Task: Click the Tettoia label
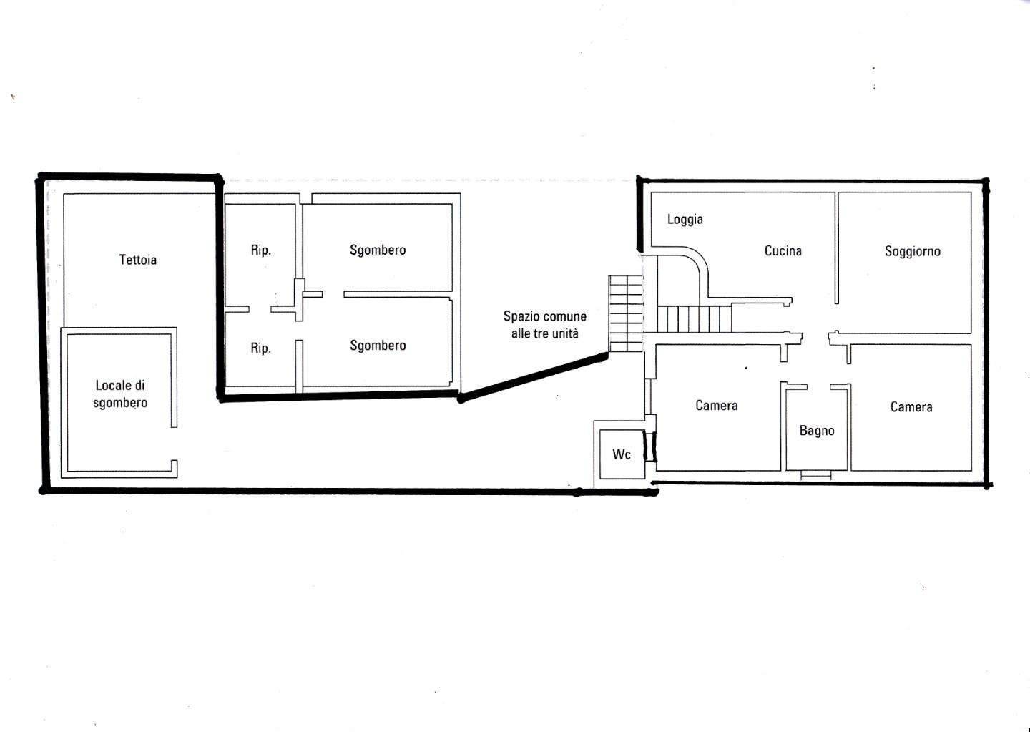[x=138, y=260]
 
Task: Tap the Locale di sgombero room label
[x=120, y=394]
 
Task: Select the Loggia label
[x=685, y=220]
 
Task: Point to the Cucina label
[x=783, y=250]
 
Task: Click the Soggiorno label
[x=913, y=252]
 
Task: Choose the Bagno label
[x=817, y=431]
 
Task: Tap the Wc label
[x=622, y=454]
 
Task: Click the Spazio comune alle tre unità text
[x=545, y=325]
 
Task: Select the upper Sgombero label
[x=378, y=250]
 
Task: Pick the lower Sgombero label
[x=378, y=346]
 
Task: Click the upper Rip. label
[x=261, y=250]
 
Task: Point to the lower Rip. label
[x=261, y=348]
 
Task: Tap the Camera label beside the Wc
[x=717, y=405]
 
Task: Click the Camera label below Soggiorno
[x=911, y=406]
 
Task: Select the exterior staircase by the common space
[x=626, y=314]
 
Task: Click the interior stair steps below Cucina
[x=695, y=319]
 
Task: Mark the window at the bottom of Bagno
[x=815, y=475]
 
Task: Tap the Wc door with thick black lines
[x=649, y=446]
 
